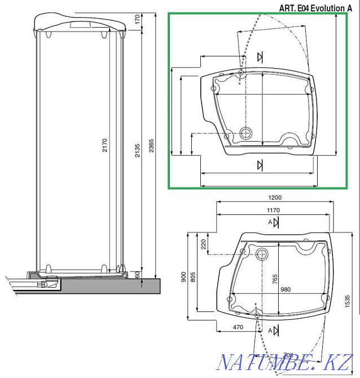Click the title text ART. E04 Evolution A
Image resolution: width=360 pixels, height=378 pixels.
(x=319, y=7)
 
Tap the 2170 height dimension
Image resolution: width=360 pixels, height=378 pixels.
(x=104, y=146)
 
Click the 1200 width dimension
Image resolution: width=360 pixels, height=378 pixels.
(x=275, y=198)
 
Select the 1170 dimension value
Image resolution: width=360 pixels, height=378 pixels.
(x=273, y=210)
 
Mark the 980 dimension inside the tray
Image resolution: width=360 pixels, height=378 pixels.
(x=285, y=289)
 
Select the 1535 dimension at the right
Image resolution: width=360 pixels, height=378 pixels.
(x=348, y=301)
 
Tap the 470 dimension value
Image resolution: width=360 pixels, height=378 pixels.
(x=238, y=327)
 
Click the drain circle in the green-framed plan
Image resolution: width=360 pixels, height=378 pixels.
(x=246, y=133)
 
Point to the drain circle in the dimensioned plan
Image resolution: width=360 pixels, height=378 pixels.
(x=262, y=253)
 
